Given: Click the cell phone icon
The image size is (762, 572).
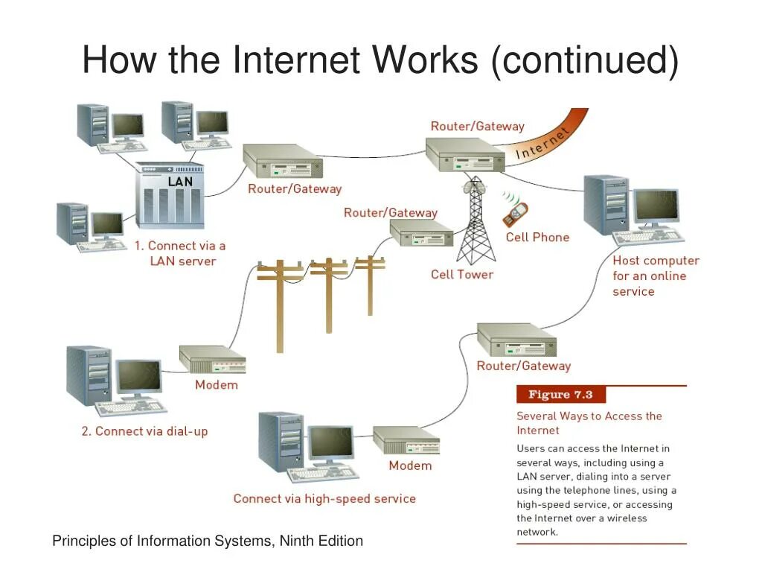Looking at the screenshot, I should (515, 213).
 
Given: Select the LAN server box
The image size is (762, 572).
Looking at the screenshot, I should (170, 198).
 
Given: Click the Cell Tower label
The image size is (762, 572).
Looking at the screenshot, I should (461, 274).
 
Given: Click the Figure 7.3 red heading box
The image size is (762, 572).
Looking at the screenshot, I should (560, 395).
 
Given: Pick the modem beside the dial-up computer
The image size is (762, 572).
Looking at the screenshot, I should (213, 360).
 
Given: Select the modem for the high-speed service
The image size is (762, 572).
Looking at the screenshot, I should (406, 441).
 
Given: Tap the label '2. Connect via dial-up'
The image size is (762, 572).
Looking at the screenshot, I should (144, 431).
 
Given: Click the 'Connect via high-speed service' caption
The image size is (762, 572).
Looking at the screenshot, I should (324, 498).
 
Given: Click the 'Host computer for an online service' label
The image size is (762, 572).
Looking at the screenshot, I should (656, 276).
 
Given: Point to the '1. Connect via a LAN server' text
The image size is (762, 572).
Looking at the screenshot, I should (181, 253).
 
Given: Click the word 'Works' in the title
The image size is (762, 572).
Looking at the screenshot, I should (425, 60).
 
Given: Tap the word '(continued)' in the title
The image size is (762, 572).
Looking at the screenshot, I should (584, 60).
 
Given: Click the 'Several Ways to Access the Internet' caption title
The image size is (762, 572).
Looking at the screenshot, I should (589, 423).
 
